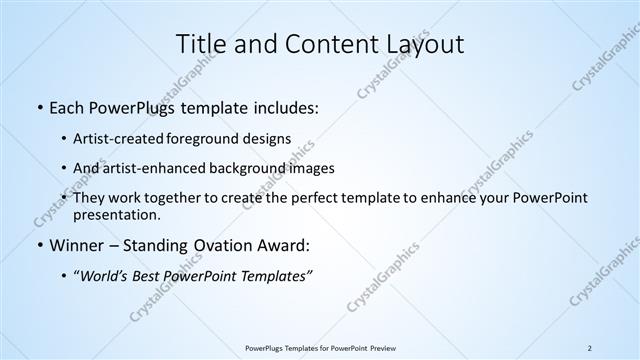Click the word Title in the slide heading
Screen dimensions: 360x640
coord(200,44)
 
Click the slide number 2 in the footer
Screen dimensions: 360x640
coord(590,347)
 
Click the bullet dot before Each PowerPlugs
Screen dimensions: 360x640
coord(38,106)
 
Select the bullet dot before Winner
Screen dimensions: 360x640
coord(38,245)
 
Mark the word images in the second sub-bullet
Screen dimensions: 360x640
coord(312,168)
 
